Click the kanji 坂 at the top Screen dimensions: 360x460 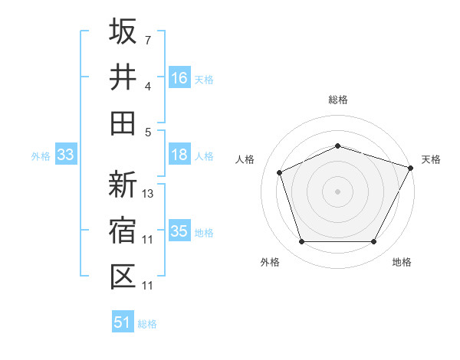coord(123,31)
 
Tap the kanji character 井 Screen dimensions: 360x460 coord(123,77)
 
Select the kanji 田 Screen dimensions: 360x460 coord(123,123)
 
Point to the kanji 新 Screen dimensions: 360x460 coord(123,185)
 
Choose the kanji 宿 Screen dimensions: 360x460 coord(123,231)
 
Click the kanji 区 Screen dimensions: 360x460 coord(123,277)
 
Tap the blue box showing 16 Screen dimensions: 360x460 coord(179,78)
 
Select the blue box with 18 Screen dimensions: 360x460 coord(179,155)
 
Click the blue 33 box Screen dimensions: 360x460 coord(65,155)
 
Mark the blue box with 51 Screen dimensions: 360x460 coord(123,322)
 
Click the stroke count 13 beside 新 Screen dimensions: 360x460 coord(149,194)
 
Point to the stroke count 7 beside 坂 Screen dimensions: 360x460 coord(148,40)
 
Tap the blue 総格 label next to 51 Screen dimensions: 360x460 coord(147,324)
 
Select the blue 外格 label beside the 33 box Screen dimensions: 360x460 coord(41,156)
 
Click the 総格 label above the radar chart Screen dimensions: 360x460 coord(338,100)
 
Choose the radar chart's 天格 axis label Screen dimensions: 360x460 coord(432,159)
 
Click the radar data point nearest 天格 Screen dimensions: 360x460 coord(412,167)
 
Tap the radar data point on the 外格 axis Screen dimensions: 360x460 coord(301,242)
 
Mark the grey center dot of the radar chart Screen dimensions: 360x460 coord(338,191)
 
